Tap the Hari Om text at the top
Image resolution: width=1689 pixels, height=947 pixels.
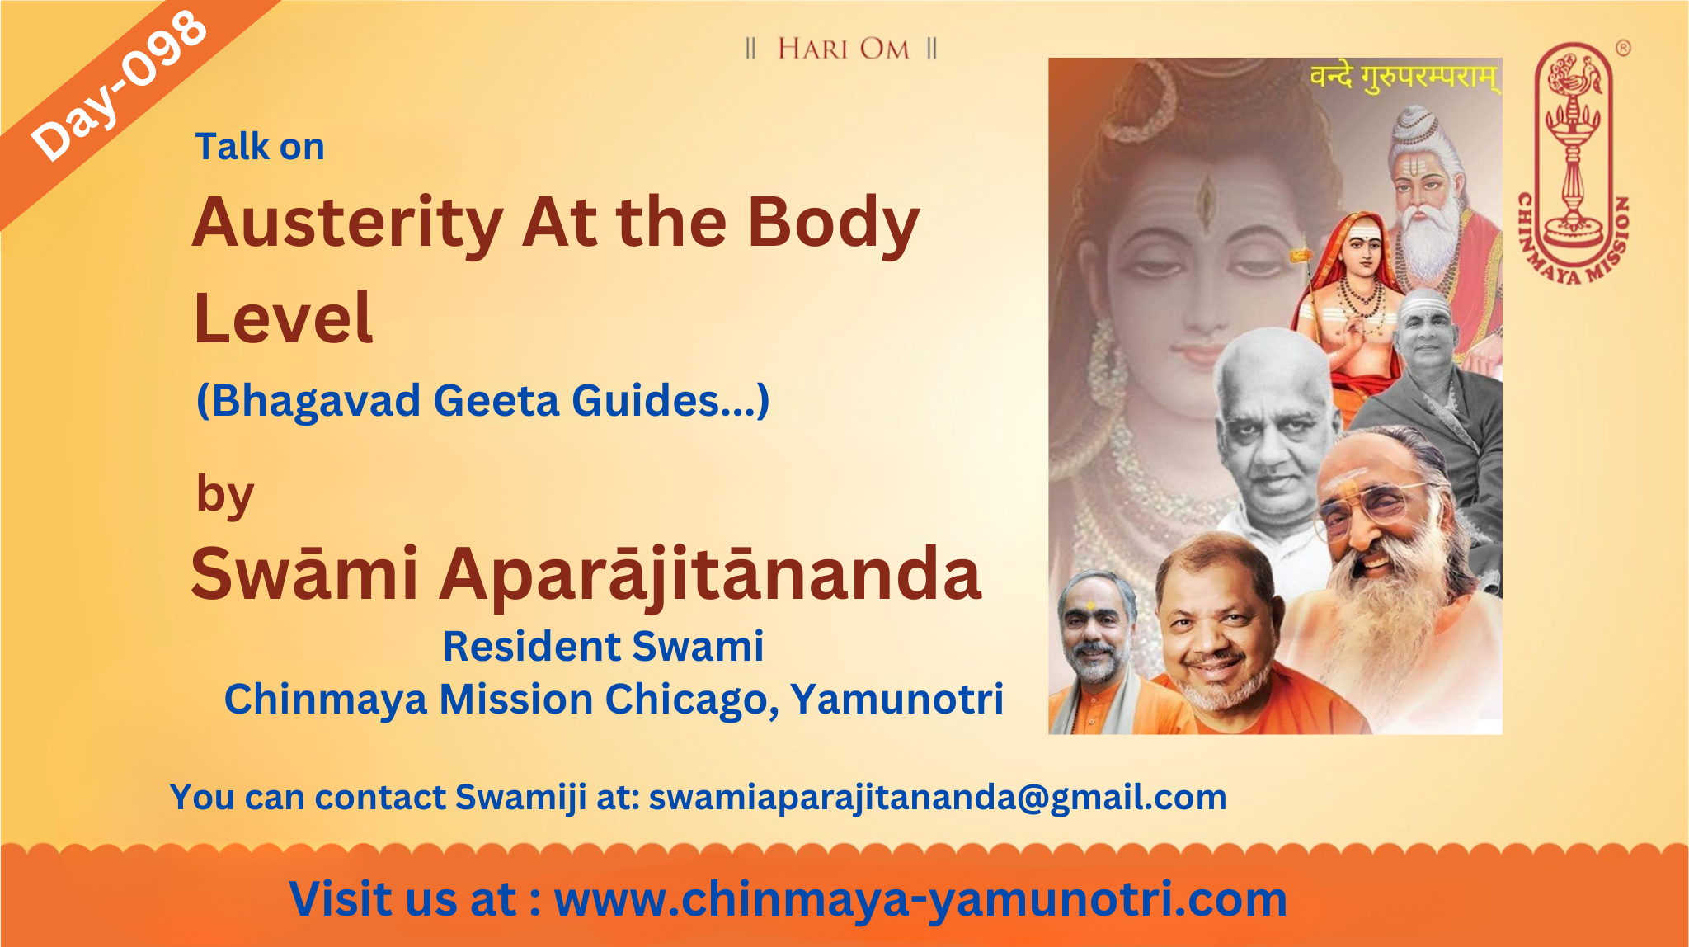[x=842, y=49]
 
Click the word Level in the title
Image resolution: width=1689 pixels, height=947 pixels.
[x=283, y=318]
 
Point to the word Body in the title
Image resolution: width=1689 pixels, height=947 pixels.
[x=833, y=224]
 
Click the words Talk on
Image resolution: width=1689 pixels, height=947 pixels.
[x=260, y=147]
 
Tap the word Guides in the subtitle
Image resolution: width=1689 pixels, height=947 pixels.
[x=645, y=401]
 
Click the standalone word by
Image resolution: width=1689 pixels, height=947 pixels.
[x=225, y=495]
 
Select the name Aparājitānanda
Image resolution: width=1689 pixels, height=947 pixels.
[x=710, y=574]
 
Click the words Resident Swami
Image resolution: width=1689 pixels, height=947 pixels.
[x=603, y=646]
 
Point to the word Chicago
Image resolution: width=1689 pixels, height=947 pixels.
[x=692, y=700]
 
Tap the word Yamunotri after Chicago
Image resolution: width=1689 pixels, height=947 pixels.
[x=896, y=699]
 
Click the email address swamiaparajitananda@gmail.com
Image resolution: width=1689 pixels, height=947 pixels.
[x=938, y=798]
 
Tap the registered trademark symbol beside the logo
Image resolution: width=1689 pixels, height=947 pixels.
[x=1622, y=49]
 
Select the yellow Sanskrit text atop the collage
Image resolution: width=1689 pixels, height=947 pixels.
[x=1404, y=78]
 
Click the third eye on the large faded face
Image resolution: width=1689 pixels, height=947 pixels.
[x=1205, y=195]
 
